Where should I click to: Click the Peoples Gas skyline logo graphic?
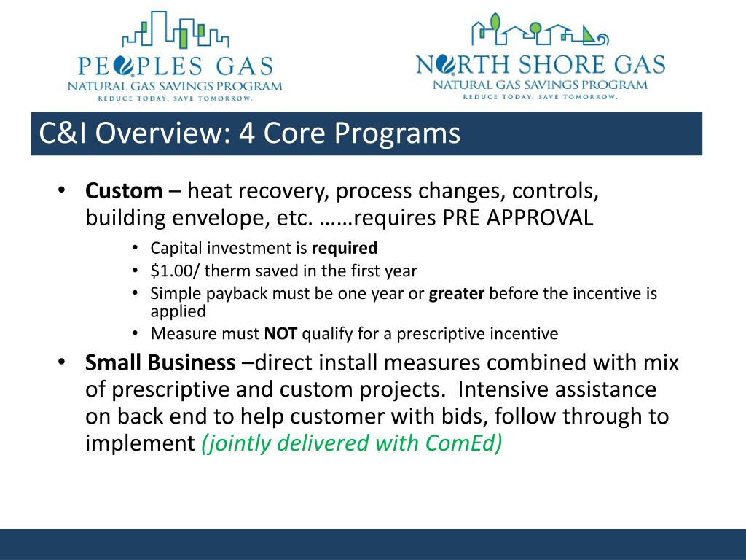pyautogui.click(x=176, y=29)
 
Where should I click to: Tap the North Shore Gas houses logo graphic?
pyautogui.click(x=540, y=29)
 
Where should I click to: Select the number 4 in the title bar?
pyautogui.click(x=246, y=133)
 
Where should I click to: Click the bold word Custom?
pyautogui.click(x=124, y=191)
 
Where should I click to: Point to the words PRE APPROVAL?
pyautogui.click(x=518, y=218)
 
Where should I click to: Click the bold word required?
pyautogui.click(x=345, y=248)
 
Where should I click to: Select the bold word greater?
pyautogui.click(x=456, y=294)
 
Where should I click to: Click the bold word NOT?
pyautogui.click(x=280, y=333)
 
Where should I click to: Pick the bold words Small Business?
pyautogui.click(x=160, y=362)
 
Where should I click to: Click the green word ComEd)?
pyautogui.click(x=463, y=443)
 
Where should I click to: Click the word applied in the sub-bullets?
pyautogui.click(x=178, y=312)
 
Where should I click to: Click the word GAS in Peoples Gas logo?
pyautogui.click(x=245, y=66)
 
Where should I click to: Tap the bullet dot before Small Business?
pyautogui.click(x=61, y=362)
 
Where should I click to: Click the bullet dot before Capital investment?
pyautogui.click(x=135, y=248)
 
